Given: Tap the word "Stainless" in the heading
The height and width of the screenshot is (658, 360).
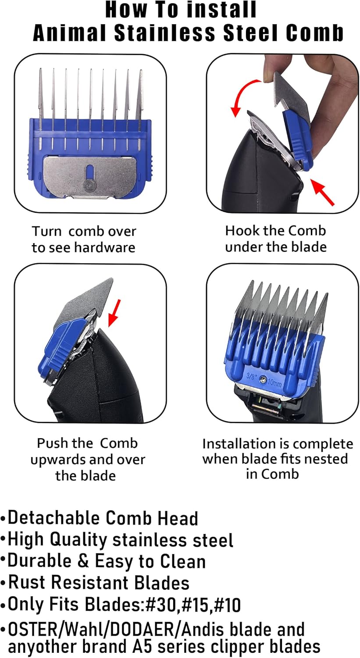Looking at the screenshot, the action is click(x=165, y=32).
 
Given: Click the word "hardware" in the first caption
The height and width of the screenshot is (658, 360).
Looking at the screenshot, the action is click(x=104, y=247).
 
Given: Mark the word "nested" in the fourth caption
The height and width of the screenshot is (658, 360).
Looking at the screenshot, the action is click(x=325, y=459).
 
